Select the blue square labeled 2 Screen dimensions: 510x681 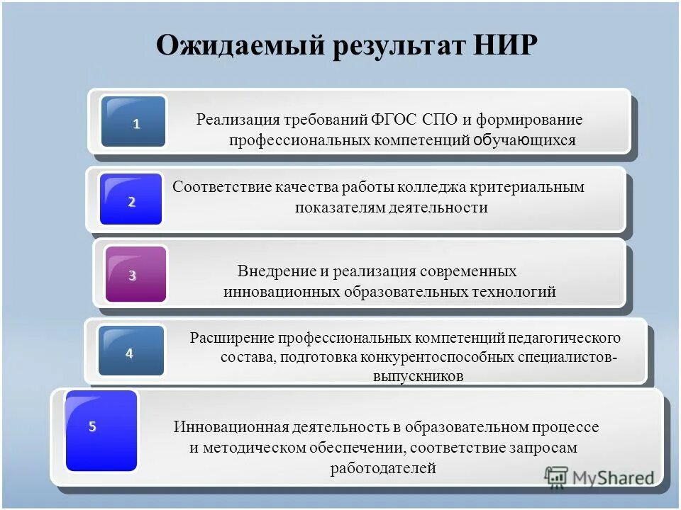[x=131, y=200]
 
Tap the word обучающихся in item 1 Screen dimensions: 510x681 [x=524, y=140]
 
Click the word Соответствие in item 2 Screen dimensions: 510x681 [x=218, y=187]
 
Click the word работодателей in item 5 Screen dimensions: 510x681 [x=383, y=467]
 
